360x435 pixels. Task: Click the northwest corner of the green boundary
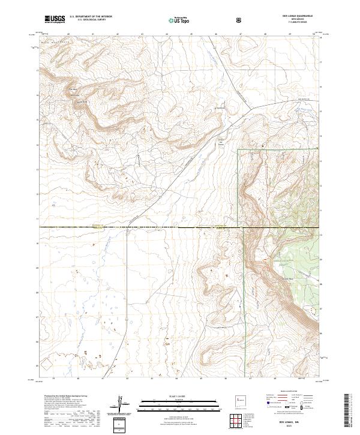tap(238, 149)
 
